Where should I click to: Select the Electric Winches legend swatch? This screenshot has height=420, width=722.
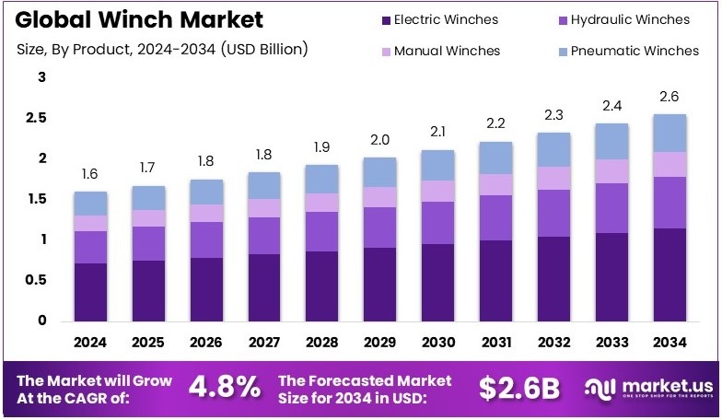point(382,19)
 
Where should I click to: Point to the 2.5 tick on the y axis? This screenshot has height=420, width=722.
point(37,118)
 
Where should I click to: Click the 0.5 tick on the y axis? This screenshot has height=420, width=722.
point(37,280)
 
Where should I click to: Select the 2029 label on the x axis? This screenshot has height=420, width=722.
point(379,343)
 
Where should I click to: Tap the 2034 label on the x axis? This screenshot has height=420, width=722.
point(670,343)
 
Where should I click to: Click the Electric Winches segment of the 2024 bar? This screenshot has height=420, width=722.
point(90,291)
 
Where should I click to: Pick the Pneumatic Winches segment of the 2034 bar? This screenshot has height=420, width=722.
point(670,133)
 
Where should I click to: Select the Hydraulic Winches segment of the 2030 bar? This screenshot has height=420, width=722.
point(437,222)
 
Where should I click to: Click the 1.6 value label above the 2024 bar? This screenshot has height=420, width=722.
point(90,175)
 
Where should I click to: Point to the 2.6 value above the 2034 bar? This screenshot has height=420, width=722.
point(670,97)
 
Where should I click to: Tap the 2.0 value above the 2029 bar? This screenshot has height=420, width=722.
point(379,140)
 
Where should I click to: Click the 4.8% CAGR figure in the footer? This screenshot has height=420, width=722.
point(225,388)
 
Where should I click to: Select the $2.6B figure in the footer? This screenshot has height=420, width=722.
point(519,388)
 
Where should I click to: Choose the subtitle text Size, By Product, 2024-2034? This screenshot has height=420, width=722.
point(162,48)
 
